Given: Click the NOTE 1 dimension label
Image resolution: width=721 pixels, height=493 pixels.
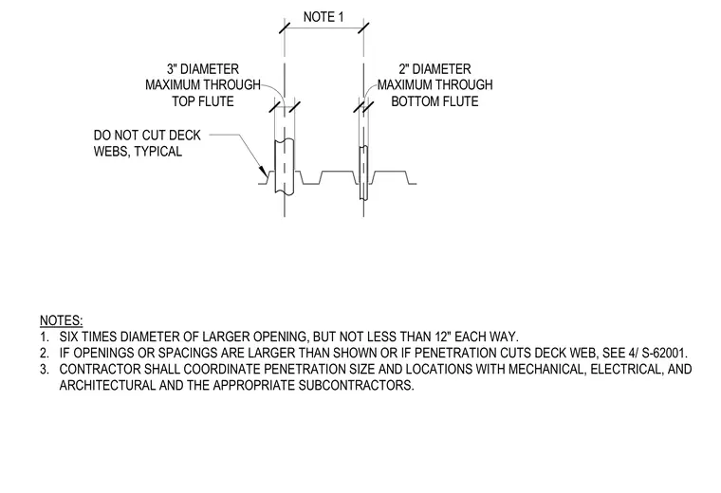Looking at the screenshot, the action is (x=324, y=17).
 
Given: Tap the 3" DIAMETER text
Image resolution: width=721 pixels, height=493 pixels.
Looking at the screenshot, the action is (x=203, y=69).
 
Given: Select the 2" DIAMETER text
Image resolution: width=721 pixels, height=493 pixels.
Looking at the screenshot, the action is (x=434, y=69).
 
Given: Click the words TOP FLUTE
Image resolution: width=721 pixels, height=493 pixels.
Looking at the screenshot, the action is (x=203, y=101).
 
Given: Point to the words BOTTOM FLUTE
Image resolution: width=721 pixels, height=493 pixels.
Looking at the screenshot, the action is (x=434, y=101).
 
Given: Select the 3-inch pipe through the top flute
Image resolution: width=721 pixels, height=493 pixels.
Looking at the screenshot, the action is (x=285, y=166).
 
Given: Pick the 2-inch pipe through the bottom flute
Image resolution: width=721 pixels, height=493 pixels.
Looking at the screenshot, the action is (x=363, y=173).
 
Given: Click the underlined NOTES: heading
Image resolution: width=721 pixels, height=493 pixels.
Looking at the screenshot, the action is (x=61, y=320).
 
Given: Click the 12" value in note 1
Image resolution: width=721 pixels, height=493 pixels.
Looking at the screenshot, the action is (x=443, y=337).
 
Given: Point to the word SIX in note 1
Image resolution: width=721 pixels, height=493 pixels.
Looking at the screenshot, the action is (x=68, y=337).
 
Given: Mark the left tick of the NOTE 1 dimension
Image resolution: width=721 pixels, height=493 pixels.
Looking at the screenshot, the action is (x=285, y=27).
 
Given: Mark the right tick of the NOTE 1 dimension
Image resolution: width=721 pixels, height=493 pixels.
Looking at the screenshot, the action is (x=363, y=27).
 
